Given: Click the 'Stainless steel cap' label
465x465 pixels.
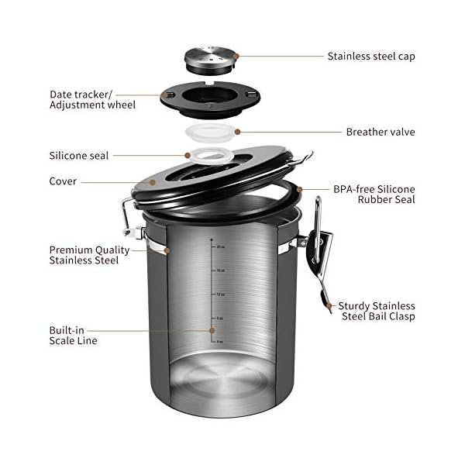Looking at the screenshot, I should [370, 56].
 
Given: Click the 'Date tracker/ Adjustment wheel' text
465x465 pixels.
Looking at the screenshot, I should [92, 99].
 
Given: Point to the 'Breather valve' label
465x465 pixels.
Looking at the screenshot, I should [380, 132].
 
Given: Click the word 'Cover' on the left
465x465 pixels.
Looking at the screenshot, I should [63, 182].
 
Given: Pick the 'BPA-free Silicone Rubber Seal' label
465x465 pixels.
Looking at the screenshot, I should [374, 194].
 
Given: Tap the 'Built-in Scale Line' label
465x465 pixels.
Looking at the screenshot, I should [73, 335].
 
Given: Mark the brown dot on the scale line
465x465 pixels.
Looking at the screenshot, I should [211, 329].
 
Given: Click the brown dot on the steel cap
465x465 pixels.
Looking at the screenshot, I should [236, 56].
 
